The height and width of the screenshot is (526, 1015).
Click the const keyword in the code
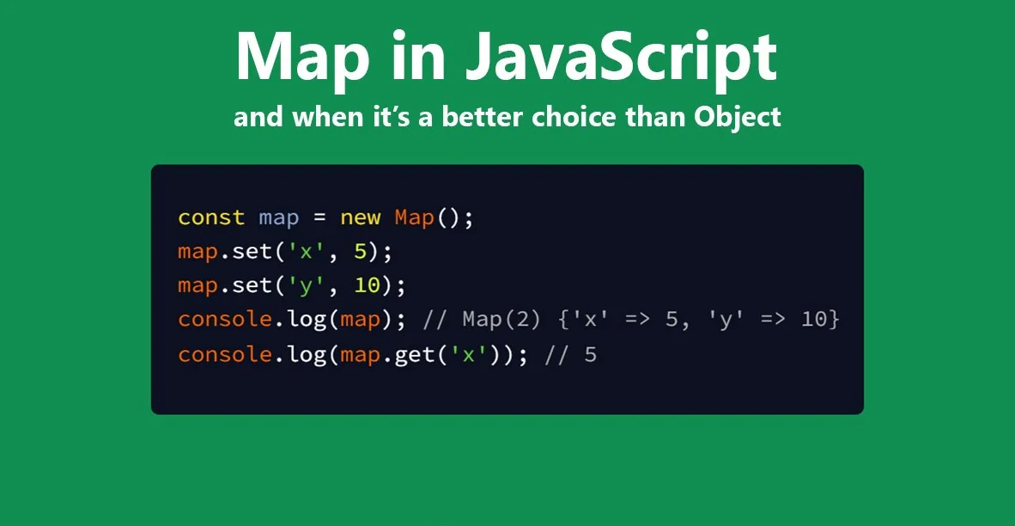point(211,217)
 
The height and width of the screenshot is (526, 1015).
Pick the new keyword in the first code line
point(361,217)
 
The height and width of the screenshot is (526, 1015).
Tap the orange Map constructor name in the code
point(415,217)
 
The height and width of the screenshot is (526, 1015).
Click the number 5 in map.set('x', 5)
point(361,252)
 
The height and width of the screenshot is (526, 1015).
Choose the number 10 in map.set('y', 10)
point(367,285)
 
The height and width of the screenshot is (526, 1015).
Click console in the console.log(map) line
point(225,320)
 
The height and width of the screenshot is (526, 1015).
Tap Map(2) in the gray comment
point(502,320)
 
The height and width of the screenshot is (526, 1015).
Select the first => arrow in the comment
point(631,320)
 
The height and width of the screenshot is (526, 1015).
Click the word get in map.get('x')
point(415,354)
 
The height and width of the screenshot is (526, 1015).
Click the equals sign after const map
point(319,217)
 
